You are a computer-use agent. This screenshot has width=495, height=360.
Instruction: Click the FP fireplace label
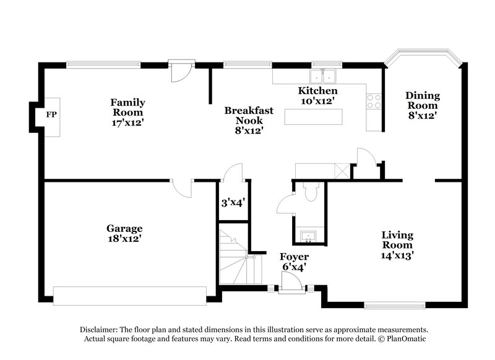51,115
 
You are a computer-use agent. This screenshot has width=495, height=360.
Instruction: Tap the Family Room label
127,107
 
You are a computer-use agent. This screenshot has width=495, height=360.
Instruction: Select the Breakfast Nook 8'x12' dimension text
249,131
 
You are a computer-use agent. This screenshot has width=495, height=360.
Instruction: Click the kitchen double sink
323,77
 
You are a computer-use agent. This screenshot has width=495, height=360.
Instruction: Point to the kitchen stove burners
374,101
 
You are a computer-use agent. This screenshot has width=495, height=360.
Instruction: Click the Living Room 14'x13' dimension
397,254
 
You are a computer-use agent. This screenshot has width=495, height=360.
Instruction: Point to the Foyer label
294,257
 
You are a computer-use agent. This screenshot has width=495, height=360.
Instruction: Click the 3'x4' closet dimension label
233,202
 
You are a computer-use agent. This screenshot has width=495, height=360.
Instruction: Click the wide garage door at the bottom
130,296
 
